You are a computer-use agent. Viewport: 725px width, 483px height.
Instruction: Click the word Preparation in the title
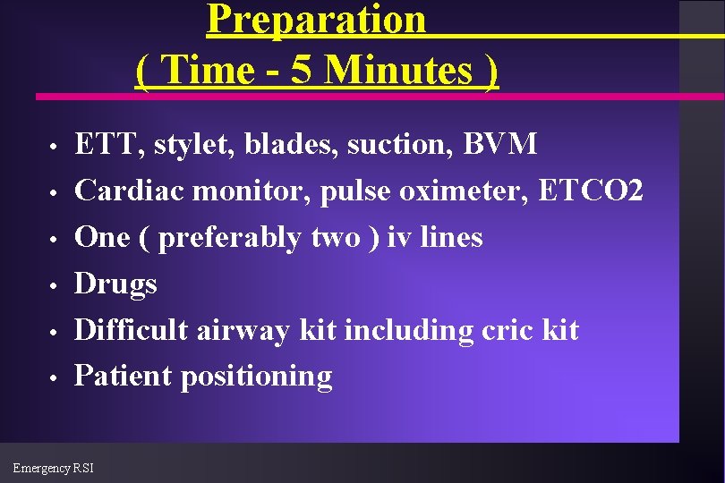pos(316,20)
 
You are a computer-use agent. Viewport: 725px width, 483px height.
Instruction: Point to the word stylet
pos(178,144)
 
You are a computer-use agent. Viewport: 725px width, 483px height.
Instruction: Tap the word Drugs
pos(115,284)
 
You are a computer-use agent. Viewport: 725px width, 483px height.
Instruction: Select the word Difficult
pos(131,330)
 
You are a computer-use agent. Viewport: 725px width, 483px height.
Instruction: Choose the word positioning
pos(256,377)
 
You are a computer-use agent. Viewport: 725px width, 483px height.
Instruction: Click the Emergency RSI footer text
pos(53,468)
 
